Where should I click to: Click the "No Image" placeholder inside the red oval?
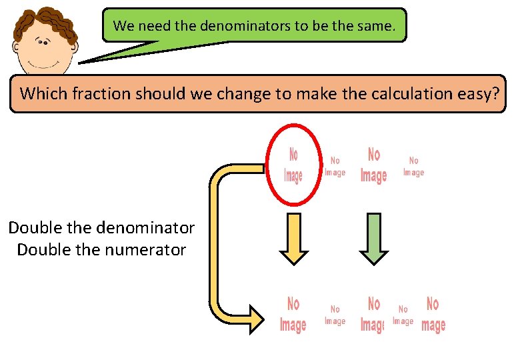[293, 165]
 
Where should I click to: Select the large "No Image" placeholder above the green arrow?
[374, 165]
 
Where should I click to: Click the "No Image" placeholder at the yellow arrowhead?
[293, 315]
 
